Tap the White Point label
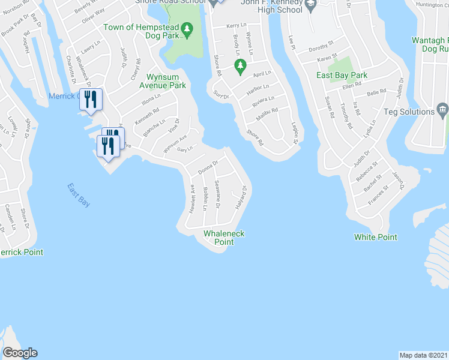[x=375, y=237]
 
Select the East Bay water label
[x=79, y=196]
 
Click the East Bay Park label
[x=342, y=75]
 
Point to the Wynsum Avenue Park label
[x=167, y=81]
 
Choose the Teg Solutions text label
[x=412, y=112]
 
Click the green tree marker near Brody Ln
[x=240, y=69]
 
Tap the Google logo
[x=20, y=353]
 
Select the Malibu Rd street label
[x=268, y=110]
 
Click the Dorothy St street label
[x=321, y=47]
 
